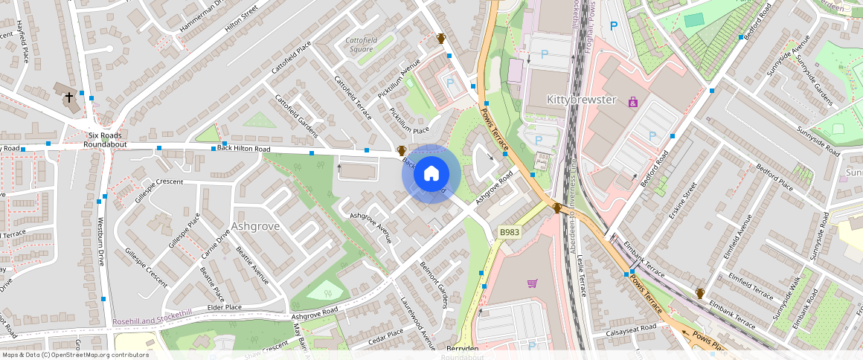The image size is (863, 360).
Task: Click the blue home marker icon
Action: click(431, 173)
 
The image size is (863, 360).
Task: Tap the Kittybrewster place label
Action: click(582, 99)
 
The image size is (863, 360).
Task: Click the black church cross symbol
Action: click(69, 97)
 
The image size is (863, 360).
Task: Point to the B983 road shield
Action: click(510, 232)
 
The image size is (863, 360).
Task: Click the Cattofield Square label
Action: click(359, 45)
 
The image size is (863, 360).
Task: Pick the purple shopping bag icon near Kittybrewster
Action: click(633, 101)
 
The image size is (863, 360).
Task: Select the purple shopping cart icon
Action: click(532, 283)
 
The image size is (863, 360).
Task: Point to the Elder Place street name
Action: click(225, 306)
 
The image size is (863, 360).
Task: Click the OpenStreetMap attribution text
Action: click(74, 355)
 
